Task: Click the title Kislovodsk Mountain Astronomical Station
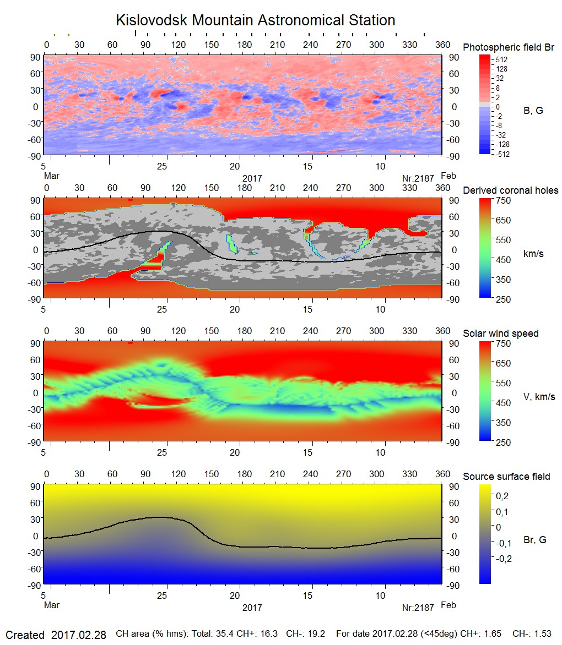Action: pyautogui.click(x=255, y=20)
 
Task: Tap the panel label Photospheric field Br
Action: pyautogui.click(x=509, y=47)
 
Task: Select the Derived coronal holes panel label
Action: pyautogui.click(x=510, y=190)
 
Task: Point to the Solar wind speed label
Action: pyautogui.click(x=500, y=334)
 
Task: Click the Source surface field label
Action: pyautogui.click(x=506, y=476)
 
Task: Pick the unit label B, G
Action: pyautogui.click(x=533, y=111)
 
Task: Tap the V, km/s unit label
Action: pyautogui.click(x=539, y=397)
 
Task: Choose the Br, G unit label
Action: pyautogui.click(x=534, y=540)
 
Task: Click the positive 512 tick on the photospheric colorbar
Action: pyautogui.click(x=501, y=59)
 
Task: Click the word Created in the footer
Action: pyautogui.click(x=25, y=635)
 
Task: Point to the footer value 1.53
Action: pyautogui.click(x=542, y=634)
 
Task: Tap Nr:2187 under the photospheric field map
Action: pyautogui.click(x=418, y=178)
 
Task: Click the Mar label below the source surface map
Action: pyautogui.click(x=51, y=605)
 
